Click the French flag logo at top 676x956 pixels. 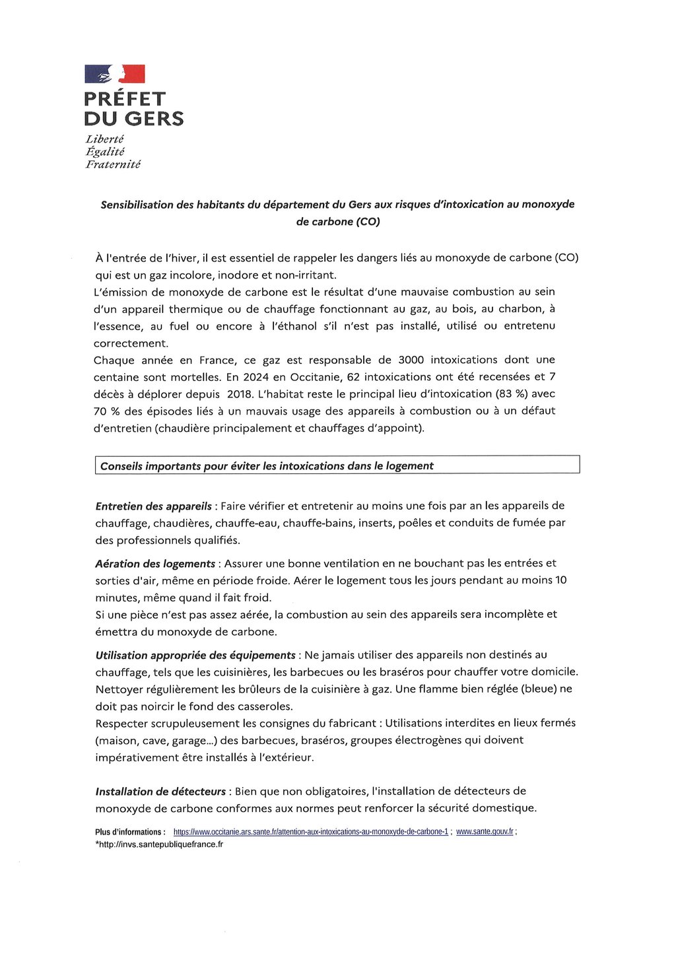tap(114, 74)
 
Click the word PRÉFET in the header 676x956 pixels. tap(125, 99)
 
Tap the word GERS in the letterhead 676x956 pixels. tap(154, 119)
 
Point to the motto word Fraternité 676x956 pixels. tap(113, 164)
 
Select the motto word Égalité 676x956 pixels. tap(105, 152)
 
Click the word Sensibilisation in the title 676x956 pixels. tap(137, 205)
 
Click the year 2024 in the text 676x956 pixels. tap(255, 377)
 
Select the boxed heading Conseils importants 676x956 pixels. tap(267, 466)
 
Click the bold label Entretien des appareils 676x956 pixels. tap(153, 506)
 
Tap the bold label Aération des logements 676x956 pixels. tap(155, 564)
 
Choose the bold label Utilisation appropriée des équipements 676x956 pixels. tap(195, 656)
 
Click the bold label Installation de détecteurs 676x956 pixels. tap(160, 792)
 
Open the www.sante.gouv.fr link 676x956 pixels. tap(485, 833)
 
